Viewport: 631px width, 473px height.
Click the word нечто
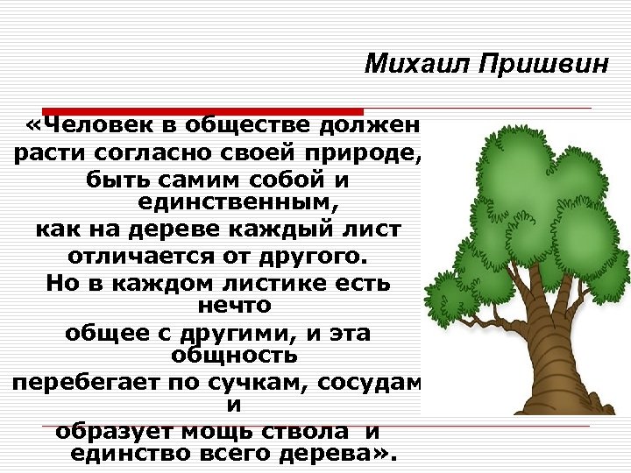[235, 306]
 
